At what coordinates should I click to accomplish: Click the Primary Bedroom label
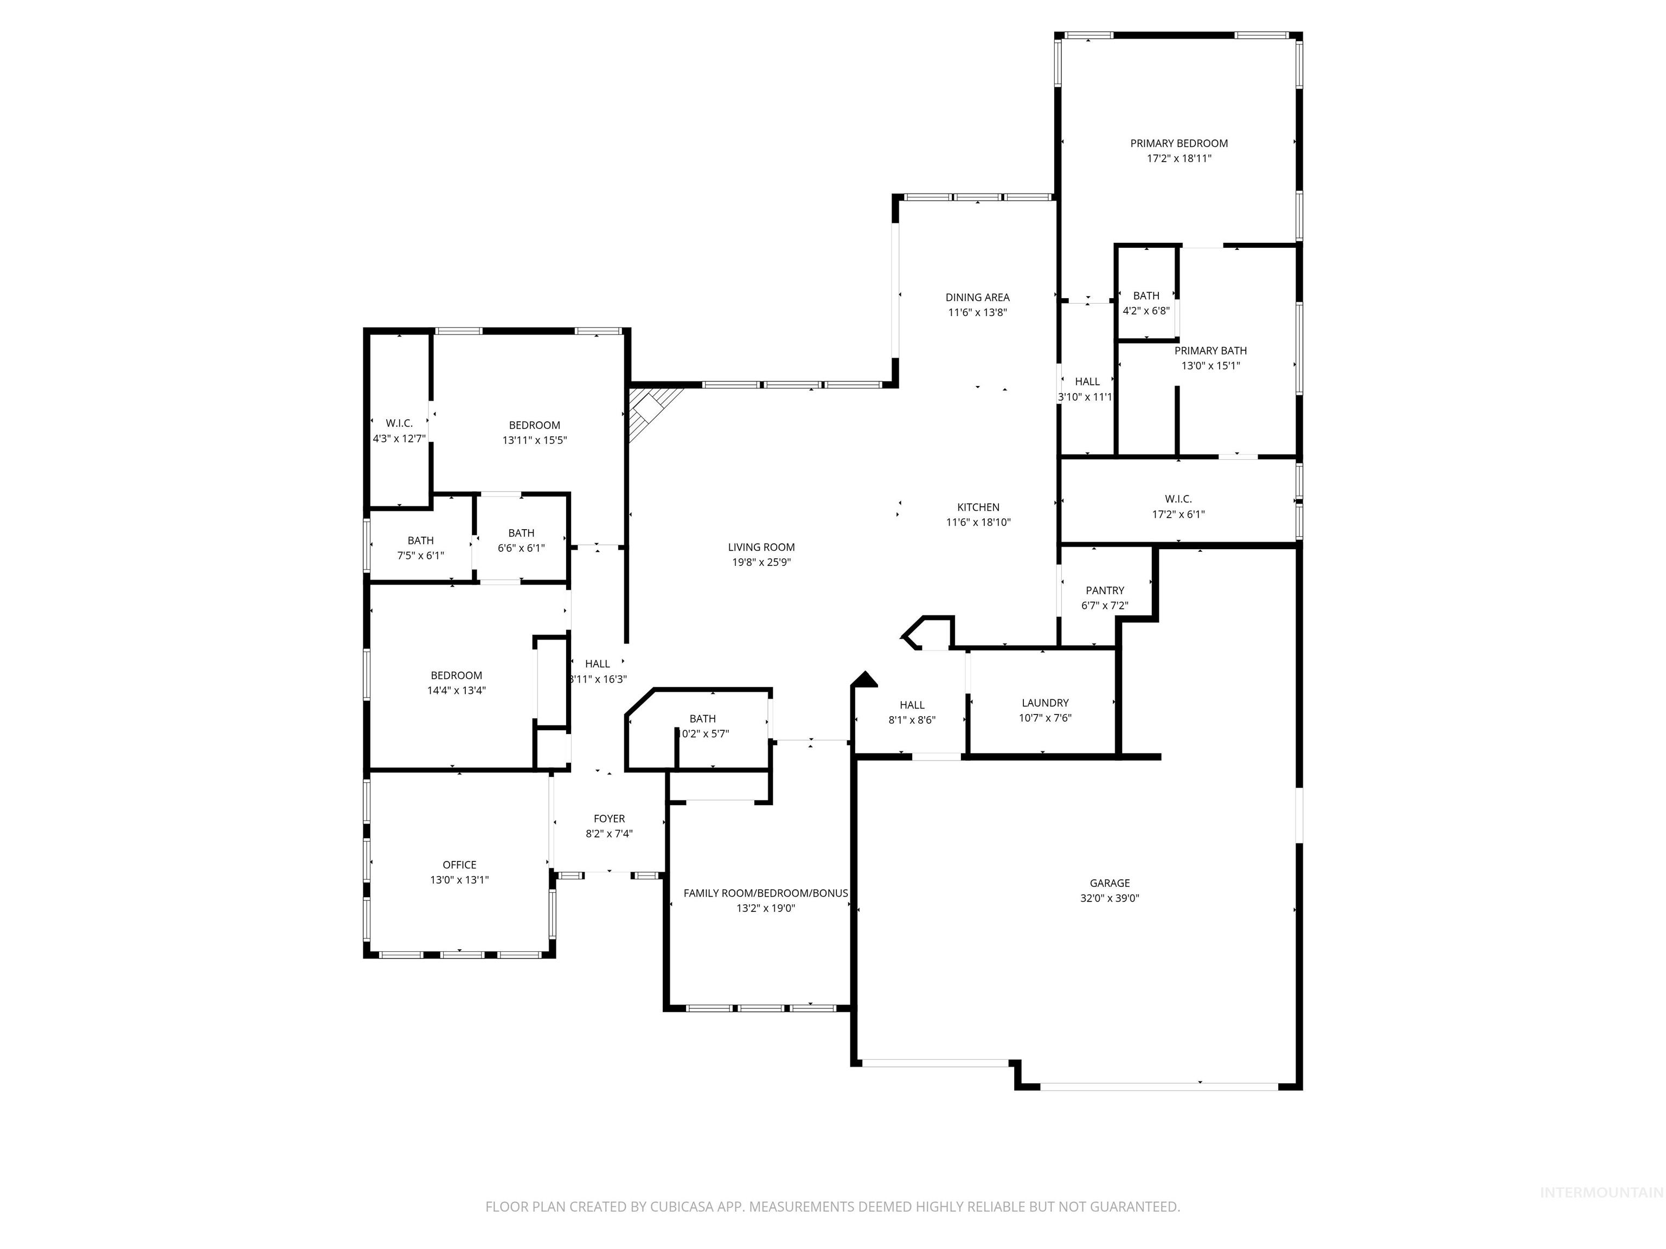tap(1178, 143)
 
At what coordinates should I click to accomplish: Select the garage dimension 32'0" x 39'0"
tap(1110, 898)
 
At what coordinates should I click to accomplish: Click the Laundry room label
tap(1045, 703)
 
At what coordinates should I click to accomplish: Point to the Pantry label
tap(1105, 590)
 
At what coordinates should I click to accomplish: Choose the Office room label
tap(459, 864)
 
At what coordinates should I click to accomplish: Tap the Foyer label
tap(608, 819)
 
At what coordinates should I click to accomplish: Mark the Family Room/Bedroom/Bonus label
tap(765, 893)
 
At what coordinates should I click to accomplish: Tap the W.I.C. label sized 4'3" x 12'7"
tap(399, 423)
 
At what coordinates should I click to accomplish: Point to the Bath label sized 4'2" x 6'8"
tap(1146, 296)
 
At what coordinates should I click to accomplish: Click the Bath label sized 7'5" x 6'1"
tap(420, 540)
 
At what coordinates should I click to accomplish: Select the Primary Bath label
tap(1210, 351)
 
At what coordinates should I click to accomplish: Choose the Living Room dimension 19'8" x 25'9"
tap(761, 562)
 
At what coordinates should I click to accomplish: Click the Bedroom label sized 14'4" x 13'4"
tap(457, 675)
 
